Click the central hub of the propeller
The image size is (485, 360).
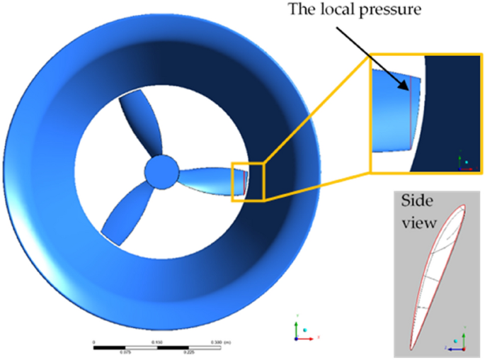coord(161,171)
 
